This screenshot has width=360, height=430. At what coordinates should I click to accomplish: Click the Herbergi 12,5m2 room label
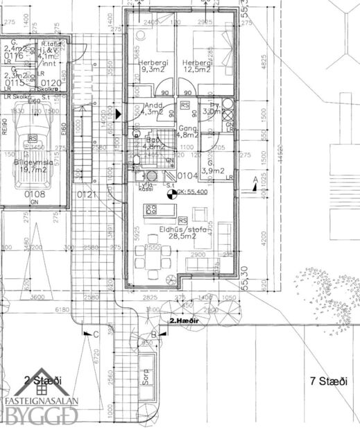[198, 65]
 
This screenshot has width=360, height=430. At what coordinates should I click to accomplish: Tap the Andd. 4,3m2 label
[151, 108]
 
